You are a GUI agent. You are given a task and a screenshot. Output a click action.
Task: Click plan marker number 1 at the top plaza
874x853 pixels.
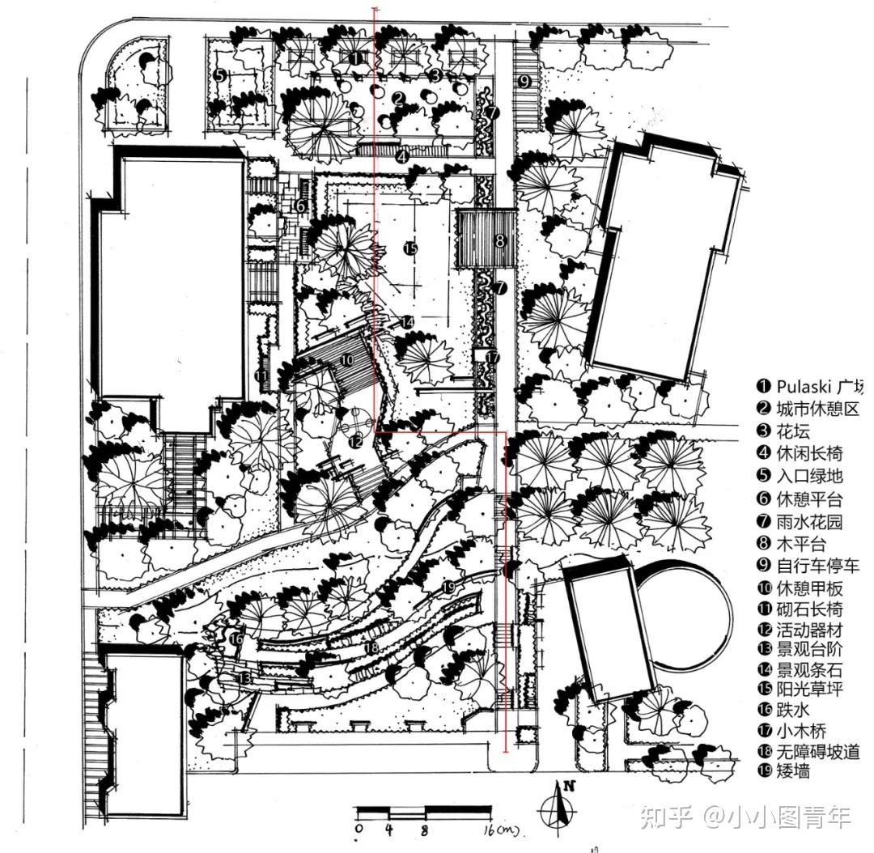[x=357, y=58]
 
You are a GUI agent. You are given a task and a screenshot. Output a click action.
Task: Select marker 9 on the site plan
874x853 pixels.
[x=524, y=81]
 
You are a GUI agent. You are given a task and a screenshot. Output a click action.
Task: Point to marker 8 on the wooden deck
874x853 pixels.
[x=500, y=240]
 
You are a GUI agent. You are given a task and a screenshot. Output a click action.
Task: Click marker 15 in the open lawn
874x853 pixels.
[x=410, y=248]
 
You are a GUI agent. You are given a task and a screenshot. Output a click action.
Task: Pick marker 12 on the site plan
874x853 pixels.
[x=357, y=442]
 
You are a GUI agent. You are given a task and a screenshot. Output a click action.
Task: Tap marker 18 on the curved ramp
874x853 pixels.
[x=371, y=648]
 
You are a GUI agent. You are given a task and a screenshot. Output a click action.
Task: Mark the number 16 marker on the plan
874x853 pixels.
[x=236, y=639]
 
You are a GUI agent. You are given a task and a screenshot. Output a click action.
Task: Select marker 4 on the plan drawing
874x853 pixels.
[x=402, y=156]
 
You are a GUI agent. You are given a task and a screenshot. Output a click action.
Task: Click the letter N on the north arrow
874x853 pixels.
[x=569, y=785]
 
